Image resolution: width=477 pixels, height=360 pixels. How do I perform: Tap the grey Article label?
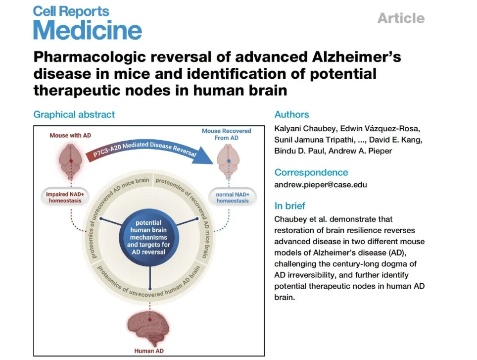pos(400,18)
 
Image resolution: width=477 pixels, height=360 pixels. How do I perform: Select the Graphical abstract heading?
pos(74,114)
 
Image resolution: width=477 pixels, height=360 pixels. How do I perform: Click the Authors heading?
pos(291,114)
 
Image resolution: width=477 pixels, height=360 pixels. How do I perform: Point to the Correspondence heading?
pos(311,172)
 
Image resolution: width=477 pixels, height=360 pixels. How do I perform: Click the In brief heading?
pos(289,206)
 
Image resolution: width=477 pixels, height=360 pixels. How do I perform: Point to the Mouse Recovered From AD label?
pos(227,134)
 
